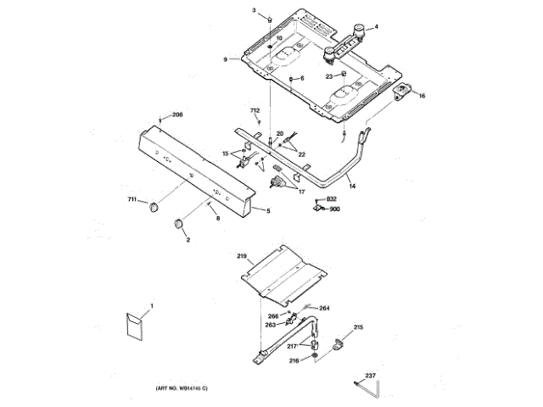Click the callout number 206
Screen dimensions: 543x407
[x=176, y=115]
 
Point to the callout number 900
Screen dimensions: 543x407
[x=334, y=209]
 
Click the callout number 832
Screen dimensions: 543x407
[x=331, y=198]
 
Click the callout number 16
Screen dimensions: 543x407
[x=422, y=96]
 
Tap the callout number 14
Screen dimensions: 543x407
[x=352, y=185]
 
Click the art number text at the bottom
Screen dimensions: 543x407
[x=182, y=387]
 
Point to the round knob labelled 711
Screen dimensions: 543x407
[x=153, y=208]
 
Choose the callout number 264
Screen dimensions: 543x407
[x=324, y=308]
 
